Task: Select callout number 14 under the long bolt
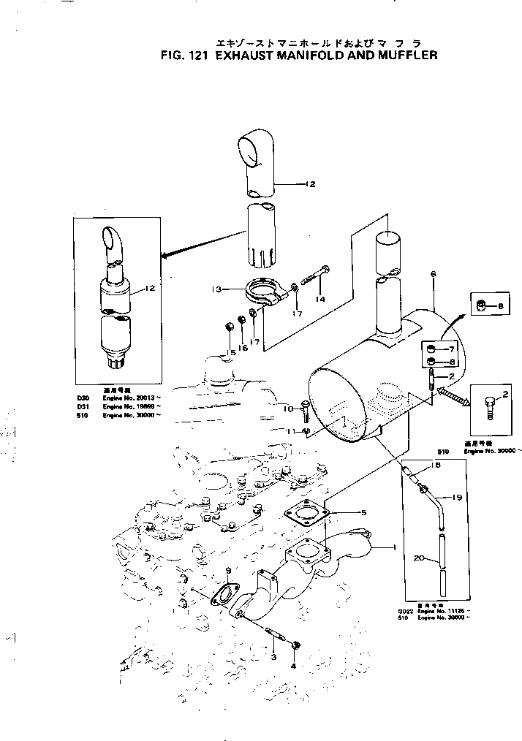pyautogui.click(x=320, y=299)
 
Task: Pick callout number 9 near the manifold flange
pyautogui.click(x=228, y=570)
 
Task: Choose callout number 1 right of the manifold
pyautogui.click(x=394, y=547)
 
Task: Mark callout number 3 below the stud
pyautogui.click(x=273, y=658)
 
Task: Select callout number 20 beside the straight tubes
pyautogui.click(x=418, y=558)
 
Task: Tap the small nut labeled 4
pyautogui.click(x=295, y=645)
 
